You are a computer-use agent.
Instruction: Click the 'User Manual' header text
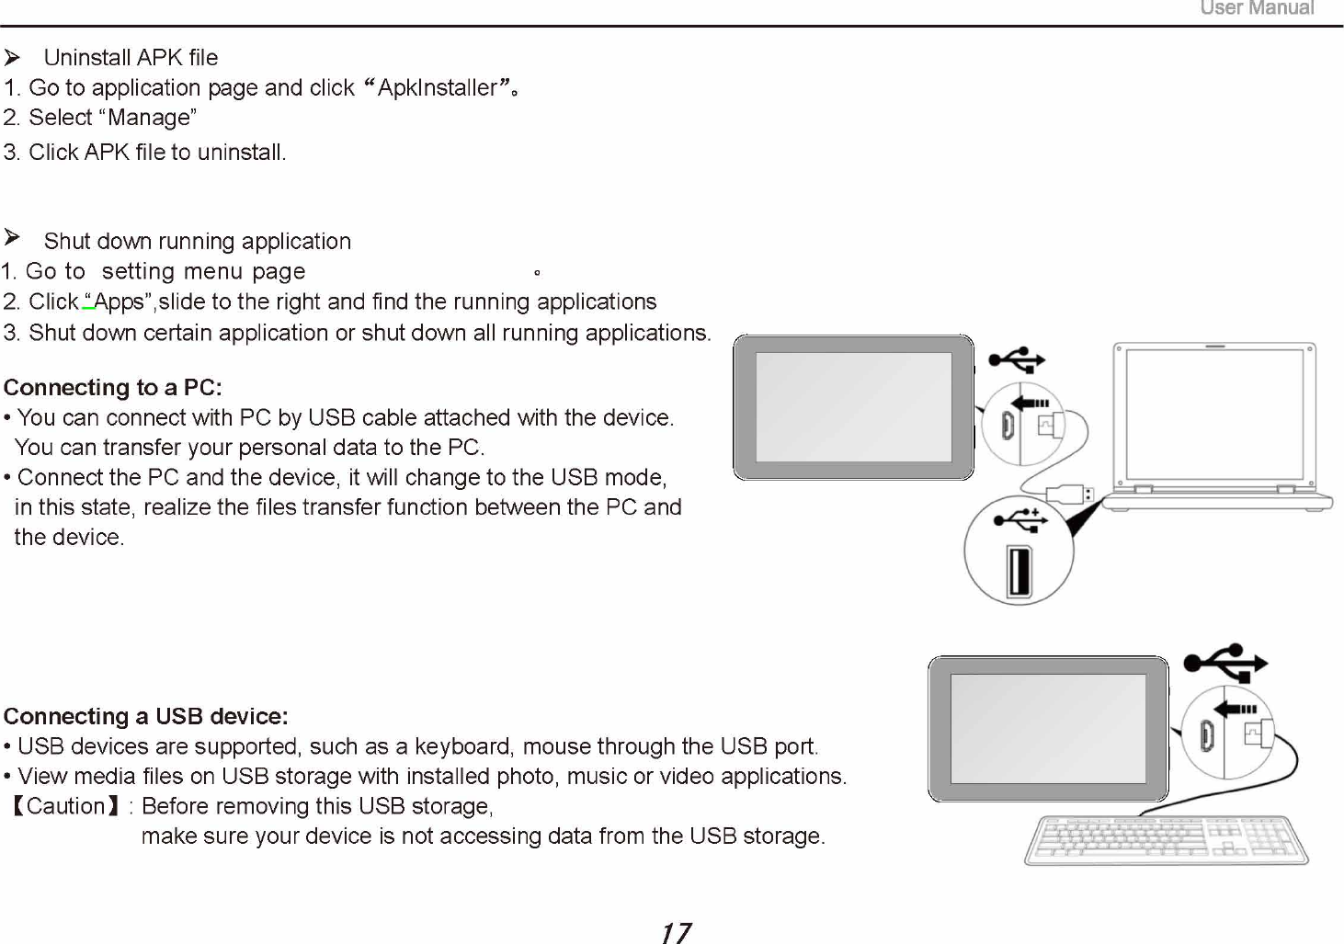click(1256, 8)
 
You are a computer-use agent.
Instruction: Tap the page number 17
click(676, 933)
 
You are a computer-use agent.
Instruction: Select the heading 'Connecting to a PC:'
click(113, 387)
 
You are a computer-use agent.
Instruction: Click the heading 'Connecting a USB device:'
click(146, 716)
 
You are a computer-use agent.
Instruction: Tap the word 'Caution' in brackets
click(65, 806)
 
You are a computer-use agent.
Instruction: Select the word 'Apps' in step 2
click(119, 301)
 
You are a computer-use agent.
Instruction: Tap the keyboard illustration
click(1166, 840)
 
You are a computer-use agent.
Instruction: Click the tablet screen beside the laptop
click(853, 406)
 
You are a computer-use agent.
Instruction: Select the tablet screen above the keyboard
click(1047, 728)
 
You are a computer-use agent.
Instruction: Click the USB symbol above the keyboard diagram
click(1225, 662)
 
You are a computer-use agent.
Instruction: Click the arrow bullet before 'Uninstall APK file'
click(13, 58)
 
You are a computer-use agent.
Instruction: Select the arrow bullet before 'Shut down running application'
click(13, 239)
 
